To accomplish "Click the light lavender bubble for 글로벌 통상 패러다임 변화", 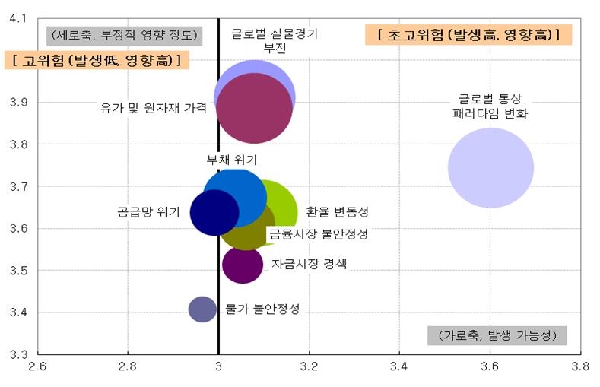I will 490,168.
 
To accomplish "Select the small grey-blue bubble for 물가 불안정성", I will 202,309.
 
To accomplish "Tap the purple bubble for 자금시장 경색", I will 243,264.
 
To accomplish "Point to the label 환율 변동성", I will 337,212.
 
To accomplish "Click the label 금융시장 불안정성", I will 318,234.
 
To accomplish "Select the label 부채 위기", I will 232,160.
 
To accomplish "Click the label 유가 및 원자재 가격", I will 153,108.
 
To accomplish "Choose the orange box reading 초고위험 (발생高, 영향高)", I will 468,35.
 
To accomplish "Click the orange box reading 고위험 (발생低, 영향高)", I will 97,61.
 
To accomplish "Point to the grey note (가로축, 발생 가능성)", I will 497,335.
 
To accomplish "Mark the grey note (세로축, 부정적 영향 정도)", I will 123,35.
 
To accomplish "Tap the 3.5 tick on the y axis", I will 17,270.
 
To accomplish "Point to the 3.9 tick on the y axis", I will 17,102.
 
